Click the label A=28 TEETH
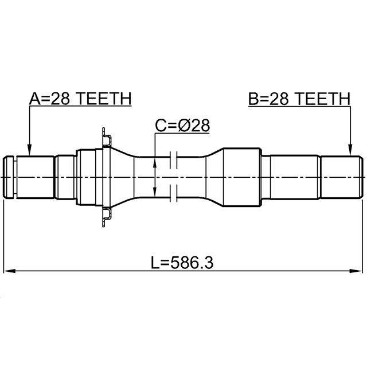coord(80,99)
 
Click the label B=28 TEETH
coord(299,99)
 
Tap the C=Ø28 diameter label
coord(182,126)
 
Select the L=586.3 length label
coord(182,263)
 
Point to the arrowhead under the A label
coord(29,150)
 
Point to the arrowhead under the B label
coord(350,150)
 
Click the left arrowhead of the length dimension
coord(10,271)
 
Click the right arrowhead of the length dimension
coord(356,271)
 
